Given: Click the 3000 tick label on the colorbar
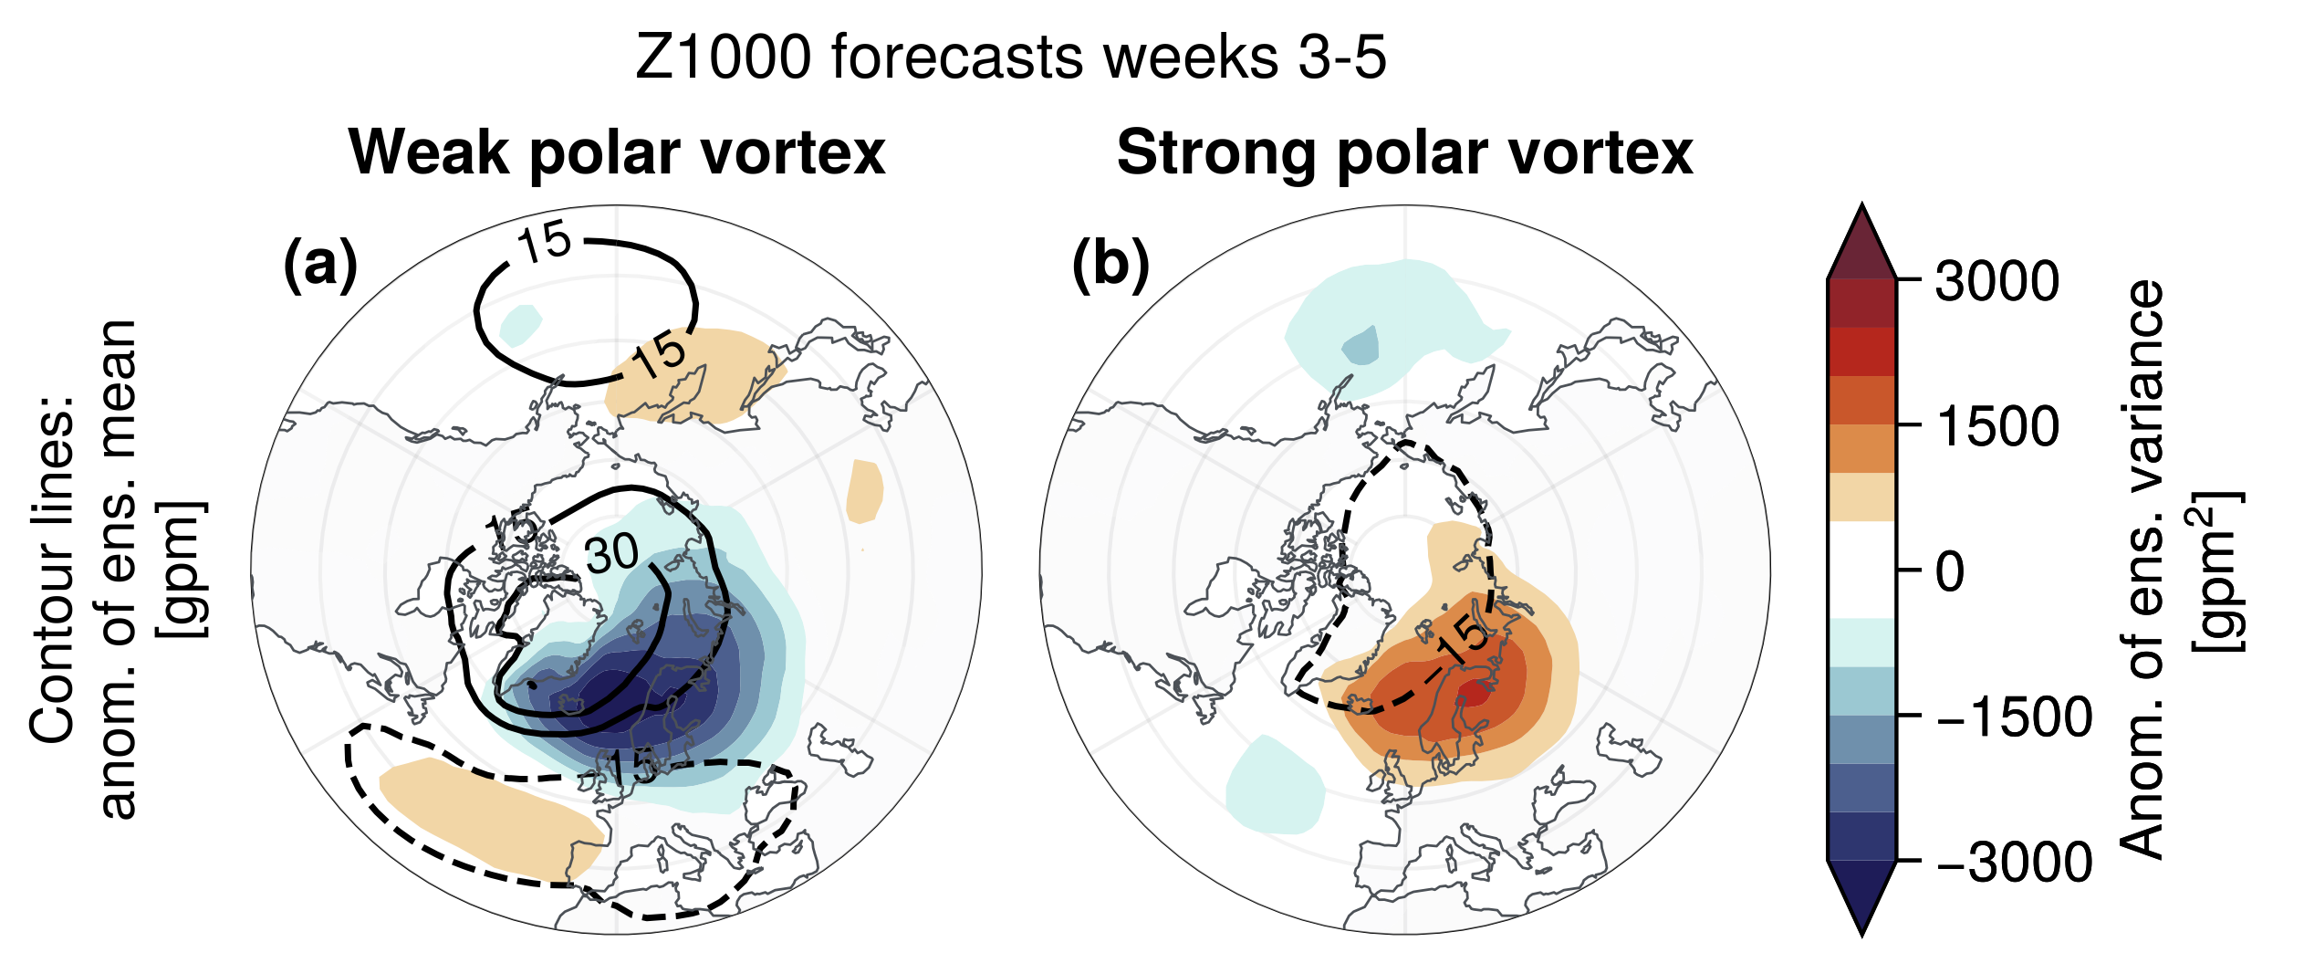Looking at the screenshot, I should pyautogui.click(x=1996, y=280).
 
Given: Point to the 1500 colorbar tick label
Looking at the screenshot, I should pyautogui.click(x=1996, y=426).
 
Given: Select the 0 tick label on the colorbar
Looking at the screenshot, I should pyautogui.click(x=1949, y=572).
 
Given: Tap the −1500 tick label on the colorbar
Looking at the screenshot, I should pyautogui.click(x=2013, y=717).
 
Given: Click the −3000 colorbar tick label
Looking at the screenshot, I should pyautogui.click(x=2013, y=863).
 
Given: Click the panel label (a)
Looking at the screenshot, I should pyautogui.click(x=320, y=266).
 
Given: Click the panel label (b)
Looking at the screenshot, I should pyautogui.click(x=1110, y=266).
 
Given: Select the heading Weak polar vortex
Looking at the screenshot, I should pyautogui.click(x=617, y=152).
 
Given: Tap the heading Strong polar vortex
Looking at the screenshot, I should pyautogui.click(x=1404, y=152).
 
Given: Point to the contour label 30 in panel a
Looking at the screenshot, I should pyautogui.click(x=611, y=553).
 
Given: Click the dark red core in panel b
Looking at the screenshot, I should pyautogui.click(x=1475, y=693).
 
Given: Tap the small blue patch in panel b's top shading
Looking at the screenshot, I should pyautogui.click(x=1361, y=346).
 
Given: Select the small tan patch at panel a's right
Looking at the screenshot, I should pyautogui.click(x=864, y=491).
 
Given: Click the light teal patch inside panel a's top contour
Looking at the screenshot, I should pyautogui.click(x=521, y=324).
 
